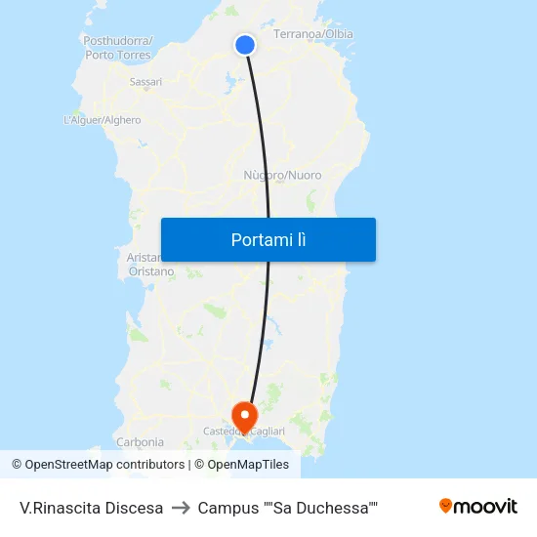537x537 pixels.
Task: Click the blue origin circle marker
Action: [245, 44]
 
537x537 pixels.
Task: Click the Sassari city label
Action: [145, 82]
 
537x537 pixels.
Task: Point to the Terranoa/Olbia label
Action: [312, 34]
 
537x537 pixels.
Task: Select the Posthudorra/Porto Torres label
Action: [117, 48]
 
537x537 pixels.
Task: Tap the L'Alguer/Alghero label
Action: [102, 120]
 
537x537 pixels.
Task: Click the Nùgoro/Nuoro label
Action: [282, 176]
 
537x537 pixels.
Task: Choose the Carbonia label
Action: [140, 441]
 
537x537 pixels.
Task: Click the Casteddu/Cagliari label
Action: [244, 432]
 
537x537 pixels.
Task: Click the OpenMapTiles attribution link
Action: [241, 465]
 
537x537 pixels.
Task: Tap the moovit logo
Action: [477, 507]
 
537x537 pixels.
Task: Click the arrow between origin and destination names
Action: [181, 508]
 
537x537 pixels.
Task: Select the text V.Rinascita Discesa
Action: [91, 508]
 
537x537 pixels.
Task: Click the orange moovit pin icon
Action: [446, 506]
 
